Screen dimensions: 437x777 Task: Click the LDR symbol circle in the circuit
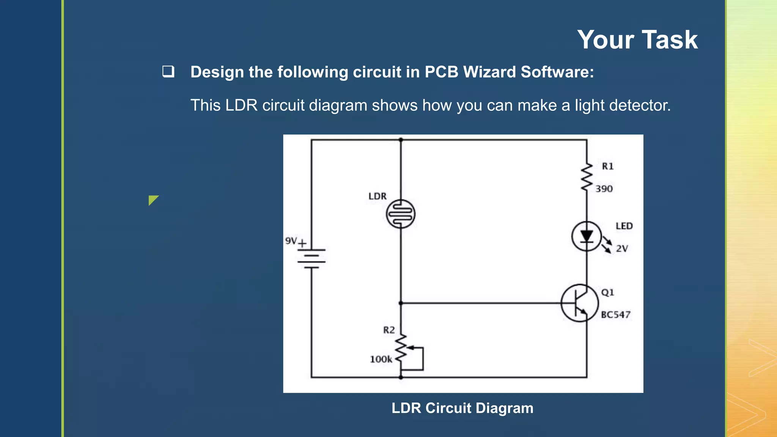401,214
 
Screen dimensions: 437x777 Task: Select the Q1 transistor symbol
579,303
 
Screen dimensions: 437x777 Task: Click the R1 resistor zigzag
587,177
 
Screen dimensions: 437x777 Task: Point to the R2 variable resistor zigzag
401,348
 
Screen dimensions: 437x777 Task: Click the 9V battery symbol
311,258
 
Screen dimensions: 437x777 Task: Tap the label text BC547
615,315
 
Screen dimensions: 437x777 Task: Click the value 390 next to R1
604,189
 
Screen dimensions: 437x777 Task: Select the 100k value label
381,359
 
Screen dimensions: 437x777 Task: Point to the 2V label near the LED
622,249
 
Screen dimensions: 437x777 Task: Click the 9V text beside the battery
291,241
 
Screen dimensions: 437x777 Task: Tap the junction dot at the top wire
401,140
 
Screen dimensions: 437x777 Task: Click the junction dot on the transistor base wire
401,303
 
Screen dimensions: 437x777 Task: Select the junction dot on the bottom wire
401,377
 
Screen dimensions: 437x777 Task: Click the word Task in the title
670,40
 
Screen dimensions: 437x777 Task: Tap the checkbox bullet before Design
168,72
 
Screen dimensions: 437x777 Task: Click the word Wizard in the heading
489,72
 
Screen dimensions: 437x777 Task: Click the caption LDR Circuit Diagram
462,408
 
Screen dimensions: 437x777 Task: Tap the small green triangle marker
153,199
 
